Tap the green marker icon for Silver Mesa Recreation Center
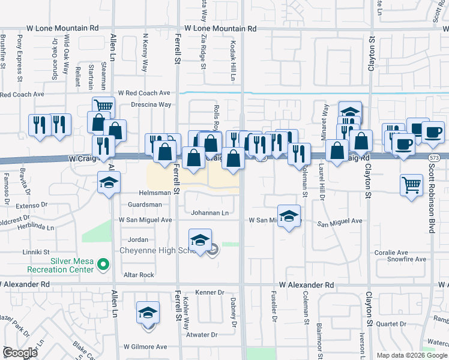[x=103, y=263]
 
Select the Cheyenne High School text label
[x=155, y=250]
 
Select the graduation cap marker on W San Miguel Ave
[x=289, y=216]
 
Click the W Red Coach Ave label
[x=144, y=93]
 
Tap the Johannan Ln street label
[x=210, y=213]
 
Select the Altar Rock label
[x=139, y=275]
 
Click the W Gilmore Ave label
[x=145, y=347]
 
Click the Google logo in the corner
[x=20, y=353]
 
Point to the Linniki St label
[x=35, y=253]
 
